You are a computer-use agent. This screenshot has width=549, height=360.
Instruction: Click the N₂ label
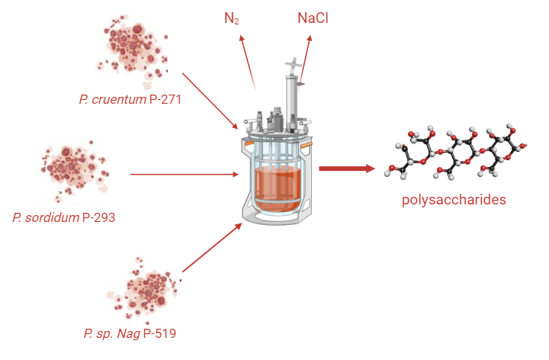pos(232,18)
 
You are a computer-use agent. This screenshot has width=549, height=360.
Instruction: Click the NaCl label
pos(313,18)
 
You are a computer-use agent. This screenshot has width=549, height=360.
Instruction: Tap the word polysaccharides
pos(454,201)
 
